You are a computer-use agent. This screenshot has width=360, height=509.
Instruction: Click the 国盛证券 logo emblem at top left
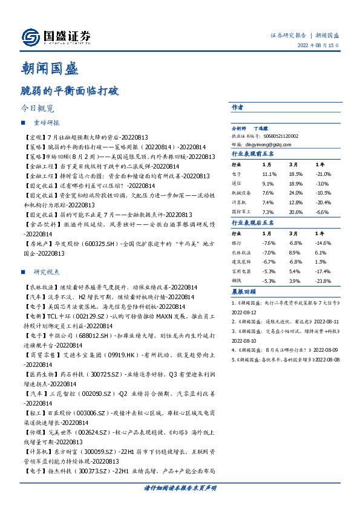pos(28,37)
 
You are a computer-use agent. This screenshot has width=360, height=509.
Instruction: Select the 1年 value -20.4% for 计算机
pos(322,202)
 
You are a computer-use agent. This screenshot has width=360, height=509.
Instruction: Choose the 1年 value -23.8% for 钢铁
pos(322,281)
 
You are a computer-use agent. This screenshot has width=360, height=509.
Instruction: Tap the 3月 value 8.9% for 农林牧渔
pos(295,253)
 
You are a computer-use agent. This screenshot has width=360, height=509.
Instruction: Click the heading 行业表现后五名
pos(253,224)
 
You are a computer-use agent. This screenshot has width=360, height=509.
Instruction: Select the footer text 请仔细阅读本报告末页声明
pos(180,487)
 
